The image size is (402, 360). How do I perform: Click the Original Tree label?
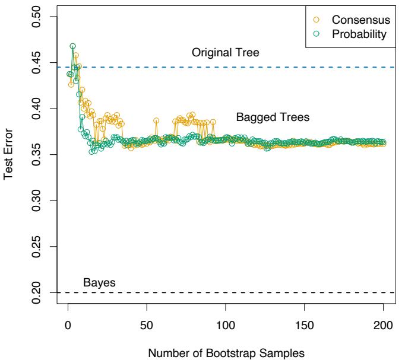(x=226, y=53)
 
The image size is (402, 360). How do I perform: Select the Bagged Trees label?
(x=273, y=117)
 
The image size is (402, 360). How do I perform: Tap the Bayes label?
(x=99, y=282)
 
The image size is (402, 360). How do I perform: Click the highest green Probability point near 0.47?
(x=72, y=46)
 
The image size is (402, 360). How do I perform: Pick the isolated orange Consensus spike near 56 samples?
(x=156, y=120)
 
